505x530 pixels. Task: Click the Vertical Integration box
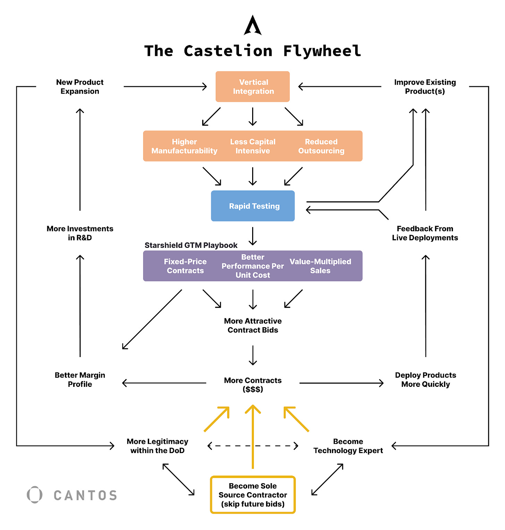tap(252, 87)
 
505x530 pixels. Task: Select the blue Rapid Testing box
tap(253, 206)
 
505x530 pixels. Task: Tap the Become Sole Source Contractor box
tap(253, 495)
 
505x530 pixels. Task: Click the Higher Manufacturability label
tap(185, 146)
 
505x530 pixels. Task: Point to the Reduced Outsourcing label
tap(321, 146)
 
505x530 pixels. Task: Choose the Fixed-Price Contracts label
tap(185, 266)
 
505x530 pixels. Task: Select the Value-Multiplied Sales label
tap(320, 266)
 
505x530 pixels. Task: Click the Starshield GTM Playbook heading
tap(191, 245)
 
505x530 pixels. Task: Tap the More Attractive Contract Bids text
tap(253, 325)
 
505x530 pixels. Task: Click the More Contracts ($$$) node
tap(253, 385)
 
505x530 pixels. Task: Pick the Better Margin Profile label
tap(80, 380)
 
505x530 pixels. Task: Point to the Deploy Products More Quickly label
tap(426, 380)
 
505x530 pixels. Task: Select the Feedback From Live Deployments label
tap(425, 233)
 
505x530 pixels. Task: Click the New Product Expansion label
tap(80, 87)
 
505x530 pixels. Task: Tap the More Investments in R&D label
tap(80, 233)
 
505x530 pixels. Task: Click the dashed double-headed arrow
tap(253, 446)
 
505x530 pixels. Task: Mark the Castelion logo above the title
tap(252, 25)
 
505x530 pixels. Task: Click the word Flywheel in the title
tap(322, 51)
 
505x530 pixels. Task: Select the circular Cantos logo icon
tap(35, 495)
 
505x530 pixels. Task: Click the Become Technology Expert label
tap(348, 446)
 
